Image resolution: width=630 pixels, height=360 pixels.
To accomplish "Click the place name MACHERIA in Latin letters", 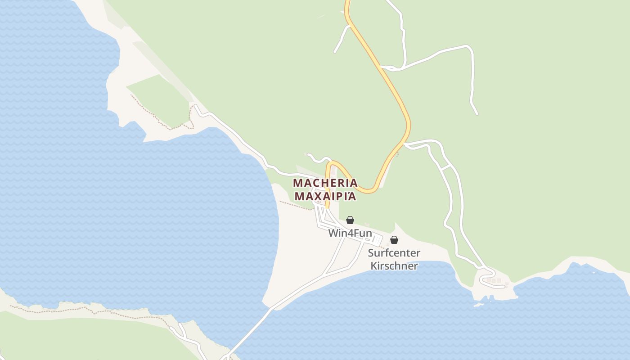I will point(325,183).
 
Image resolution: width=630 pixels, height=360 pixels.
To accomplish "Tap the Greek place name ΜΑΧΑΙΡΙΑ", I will point(325,197).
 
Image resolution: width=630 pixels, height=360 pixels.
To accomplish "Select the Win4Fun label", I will point(350,233).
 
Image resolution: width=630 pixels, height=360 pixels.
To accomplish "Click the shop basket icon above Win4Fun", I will point(350,220).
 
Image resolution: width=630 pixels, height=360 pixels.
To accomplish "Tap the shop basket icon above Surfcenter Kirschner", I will point(394,240).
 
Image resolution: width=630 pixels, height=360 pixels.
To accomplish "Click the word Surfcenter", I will point(394,253).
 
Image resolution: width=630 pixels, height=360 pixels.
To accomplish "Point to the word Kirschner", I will point(394,266).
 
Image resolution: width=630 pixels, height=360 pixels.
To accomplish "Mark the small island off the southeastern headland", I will point(478,305).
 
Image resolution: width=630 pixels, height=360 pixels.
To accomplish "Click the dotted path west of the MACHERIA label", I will point(295,205).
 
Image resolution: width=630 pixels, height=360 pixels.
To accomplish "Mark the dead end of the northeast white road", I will point(477,114).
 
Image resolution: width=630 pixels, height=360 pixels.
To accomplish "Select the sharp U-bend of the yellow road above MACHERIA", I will point(331,164).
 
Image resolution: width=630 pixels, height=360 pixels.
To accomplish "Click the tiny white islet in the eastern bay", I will point(594,272).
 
